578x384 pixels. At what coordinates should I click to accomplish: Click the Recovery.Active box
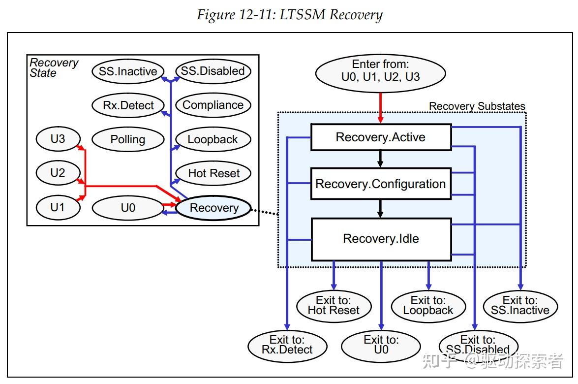[381, 137]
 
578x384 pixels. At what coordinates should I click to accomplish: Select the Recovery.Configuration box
[381, 184]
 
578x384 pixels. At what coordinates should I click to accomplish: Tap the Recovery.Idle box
[381, 239]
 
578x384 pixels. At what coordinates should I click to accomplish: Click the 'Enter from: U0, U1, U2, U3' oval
[380, 70]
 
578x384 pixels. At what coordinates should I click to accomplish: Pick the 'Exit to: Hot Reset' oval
[334, 305]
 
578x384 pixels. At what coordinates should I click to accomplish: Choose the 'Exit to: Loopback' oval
[428, 305]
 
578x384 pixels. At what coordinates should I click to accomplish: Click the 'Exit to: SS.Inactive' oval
[520, 305]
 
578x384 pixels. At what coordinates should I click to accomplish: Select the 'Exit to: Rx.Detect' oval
[287, 345]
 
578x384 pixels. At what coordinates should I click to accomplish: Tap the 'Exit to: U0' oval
[381, 344]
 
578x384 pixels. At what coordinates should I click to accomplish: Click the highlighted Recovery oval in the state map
[213, 208]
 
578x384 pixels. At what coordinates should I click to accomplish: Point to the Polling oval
[127, 139]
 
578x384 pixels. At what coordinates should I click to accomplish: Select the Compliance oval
[213, 105]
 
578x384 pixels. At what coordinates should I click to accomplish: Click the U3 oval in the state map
[58, 139]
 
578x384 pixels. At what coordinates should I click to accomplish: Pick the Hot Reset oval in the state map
[213, 173]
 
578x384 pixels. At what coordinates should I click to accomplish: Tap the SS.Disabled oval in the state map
[213, 71]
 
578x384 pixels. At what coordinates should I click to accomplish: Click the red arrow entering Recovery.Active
[380, 109]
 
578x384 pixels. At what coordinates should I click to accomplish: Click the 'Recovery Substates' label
[477, 106]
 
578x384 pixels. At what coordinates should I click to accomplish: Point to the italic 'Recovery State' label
[53, 68]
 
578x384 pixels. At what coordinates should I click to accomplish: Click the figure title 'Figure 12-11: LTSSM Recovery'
[289, 14]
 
